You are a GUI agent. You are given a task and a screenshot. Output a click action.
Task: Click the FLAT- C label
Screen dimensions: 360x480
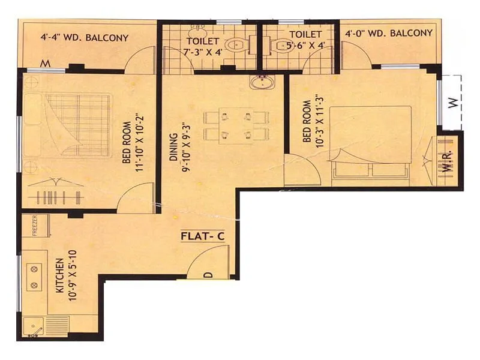202,236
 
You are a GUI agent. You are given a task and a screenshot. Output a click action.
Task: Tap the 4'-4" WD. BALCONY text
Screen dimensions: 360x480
85,38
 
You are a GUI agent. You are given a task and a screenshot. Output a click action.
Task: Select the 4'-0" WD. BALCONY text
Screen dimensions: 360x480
388,33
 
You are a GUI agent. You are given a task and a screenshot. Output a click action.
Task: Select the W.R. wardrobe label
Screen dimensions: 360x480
448,160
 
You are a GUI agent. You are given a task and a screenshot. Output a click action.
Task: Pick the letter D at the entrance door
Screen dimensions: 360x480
208,275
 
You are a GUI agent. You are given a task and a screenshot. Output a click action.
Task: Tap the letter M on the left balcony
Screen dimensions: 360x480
44,63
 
